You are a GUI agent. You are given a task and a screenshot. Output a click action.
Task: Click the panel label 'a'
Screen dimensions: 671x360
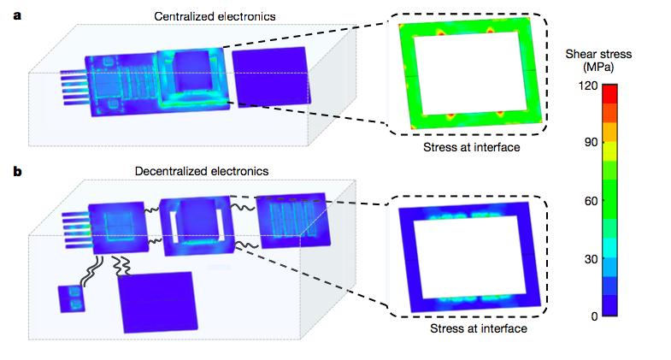17,16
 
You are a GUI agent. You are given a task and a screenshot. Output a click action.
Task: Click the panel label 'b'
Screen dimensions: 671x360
18,171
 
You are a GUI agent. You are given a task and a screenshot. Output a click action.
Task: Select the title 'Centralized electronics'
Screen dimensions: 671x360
215,16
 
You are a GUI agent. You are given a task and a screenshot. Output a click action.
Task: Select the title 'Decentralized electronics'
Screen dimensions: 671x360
202,171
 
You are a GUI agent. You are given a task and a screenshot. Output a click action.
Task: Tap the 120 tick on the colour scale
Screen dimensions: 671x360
588,86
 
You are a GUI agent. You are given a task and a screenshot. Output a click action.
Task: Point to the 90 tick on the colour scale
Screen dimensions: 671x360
591,142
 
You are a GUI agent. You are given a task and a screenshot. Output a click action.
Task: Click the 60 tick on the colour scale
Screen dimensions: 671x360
591,200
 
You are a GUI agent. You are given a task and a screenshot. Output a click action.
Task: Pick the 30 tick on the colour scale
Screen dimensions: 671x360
591,259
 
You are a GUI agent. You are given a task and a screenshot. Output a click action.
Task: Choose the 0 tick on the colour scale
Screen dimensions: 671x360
594,316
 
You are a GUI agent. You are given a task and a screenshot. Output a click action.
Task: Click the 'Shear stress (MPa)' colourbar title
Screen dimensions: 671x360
598,61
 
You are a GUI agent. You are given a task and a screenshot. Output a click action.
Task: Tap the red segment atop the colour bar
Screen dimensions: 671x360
609,94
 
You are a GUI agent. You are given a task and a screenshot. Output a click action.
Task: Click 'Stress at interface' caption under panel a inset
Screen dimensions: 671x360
472,147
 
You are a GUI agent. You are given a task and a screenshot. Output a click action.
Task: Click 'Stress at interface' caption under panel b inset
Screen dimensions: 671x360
479,328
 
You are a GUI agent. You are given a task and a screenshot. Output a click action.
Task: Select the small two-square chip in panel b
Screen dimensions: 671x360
72,298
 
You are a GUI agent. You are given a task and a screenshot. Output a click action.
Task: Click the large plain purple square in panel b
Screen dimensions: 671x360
157,302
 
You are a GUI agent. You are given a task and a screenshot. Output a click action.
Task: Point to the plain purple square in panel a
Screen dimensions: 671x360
271,77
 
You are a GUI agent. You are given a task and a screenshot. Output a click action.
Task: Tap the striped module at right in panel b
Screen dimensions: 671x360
293,221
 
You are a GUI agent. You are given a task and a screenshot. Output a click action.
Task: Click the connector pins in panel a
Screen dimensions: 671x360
74,88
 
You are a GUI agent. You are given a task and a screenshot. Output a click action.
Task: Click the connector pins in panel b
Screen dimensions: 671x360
76,230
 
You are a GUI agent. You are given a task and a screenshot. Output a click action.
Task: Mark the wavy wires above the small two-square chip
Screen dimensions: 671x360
93,271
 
